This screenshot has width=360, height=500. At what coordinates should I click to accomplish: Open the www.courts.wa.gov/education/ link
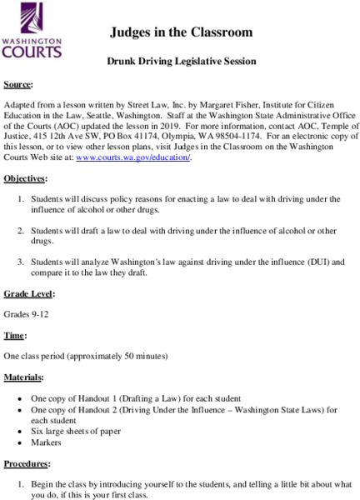pyautogui.click(x=133, y=157)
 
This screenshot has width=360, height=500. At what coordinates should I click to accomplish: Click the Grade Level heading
pyautogui.click(x=29, y=293)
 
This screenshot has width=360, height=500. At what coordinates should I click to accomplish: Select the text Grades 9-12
pyautogui.click(x=27, y=313)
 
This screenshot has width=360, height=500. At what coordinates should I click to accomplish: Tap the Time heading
pyautogui.click(x=16, y=334)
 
